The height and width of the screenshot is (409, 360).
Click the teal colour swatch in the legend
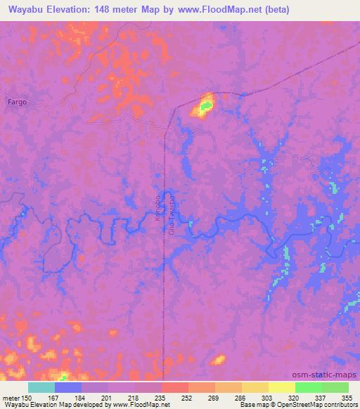41,387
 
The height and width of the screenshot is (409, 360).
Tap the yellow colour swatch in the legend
282,387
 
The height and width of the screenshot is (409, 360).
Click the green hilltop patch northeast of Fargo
205,107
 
